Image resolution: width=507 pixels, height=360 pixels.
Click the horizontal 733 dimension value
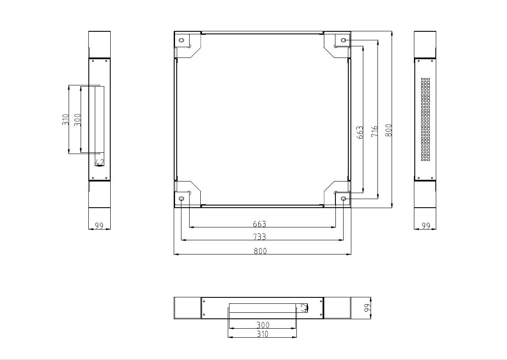(x=260, y=237)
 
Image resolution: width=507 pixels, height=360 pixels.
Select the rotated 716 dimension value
(x=374, y=131)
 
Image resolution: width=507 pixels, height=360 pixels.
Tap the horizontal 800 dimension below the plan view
(x=260, y=251)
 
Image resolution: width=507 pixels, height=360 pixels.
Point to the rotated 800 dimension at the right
(x=389, y=130)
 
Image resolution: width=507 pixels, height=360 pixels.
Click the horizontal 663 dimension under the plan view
(x=260, y=224)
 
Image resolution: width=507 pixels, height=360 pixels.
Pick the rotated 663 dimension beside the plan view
(x=360, y=132)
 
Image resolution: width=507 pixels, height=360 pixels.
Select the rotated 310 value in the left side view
(x=66, y=120)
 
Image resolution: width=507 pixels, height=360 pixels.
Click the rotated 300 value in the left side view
(x=77, y=120)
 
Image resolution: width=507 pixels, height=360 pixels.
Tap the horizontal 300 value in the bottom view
(x=263, y=325)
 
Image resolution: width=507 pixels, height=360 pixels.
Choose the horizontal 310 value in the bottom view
(x=262, y=334)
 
